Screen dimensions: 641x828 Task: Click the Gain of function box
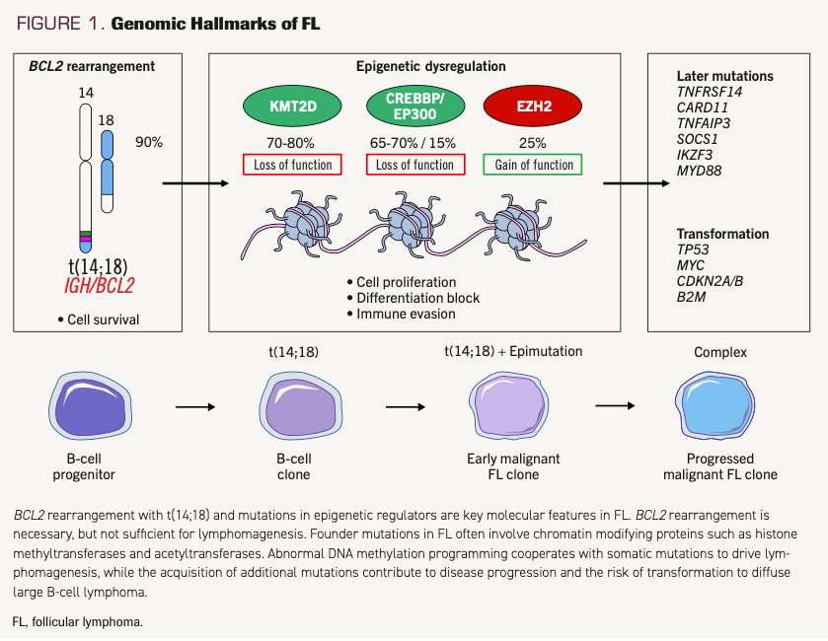coord(533,165)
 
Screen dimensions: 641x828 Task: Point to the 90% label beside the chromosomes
coord(149,142)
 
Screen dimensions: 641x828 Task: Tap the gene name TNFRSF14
coord(709,92)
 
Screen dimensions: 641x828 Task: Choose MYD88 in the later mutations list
coord(699,171)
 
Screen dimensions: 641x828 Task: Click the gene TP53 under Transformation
coord(693,249)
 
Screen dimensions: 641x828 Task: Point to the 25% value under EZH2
coord(533,142)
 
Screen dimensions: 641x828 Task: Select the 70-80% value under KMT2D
coord(292,142)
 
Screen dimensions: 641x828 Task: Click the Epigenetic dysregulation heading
coord(430,67)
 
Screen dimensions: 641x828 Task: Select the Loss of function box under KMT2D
coord(292,165)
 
